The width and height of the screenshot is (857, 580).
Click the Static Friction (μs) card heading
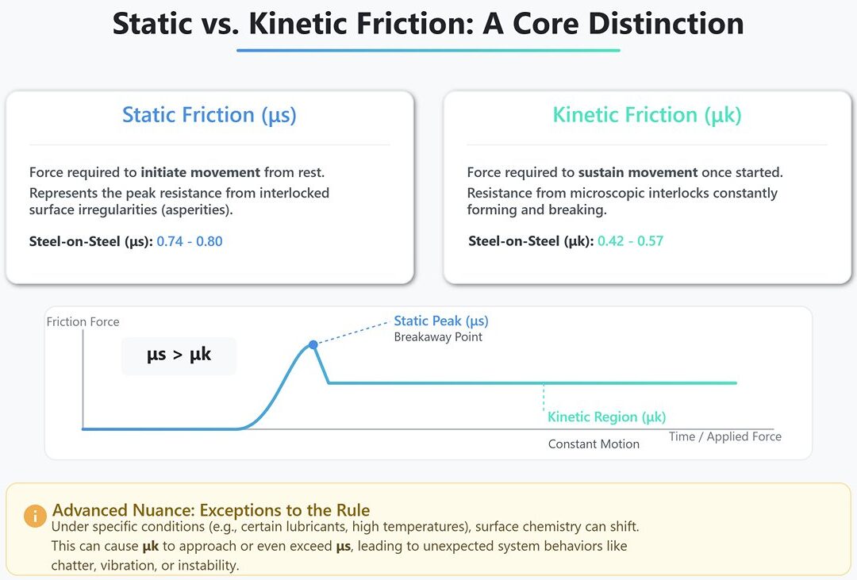click(209, 115)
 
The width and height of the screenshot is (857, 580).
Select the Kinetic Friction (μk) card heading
click(648, 115)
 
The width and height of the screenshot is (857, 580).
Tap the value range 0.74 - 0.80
click(190, 241)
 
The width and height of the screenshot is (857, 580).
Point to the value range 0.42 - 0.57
click(630, 241)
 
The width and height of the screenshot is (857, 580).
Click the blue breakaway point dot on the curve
click(313, 344)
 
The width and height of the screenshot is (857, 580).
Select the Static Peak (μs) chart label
click(441, 321)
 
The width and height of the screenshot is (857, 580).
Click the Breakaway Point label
click(438, 336)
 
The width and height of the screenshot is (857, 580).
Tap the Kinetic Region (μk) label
click(607, 417)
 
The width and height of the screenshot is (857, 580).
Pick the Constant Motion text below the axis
click(594, 444)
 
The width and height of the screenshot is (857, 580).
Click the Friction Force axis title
click(83, 321)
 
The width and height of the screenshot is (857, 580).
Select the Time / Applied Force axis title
click(725, 436)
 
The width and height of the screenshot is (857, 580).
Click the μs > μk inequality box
click(179, 356)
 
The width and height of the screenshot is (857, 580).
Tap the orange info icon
click(35, 516)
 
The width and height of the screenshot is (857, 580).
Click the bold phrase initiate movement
click(201, 173)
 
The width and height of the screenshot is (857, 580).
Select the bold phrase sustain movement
click(638, 173)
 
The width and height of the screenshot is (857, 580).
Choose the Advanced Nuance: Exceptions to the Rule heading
click(211, 510)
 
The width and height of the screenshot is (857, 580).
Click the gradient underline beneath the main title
click(428, 50)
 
